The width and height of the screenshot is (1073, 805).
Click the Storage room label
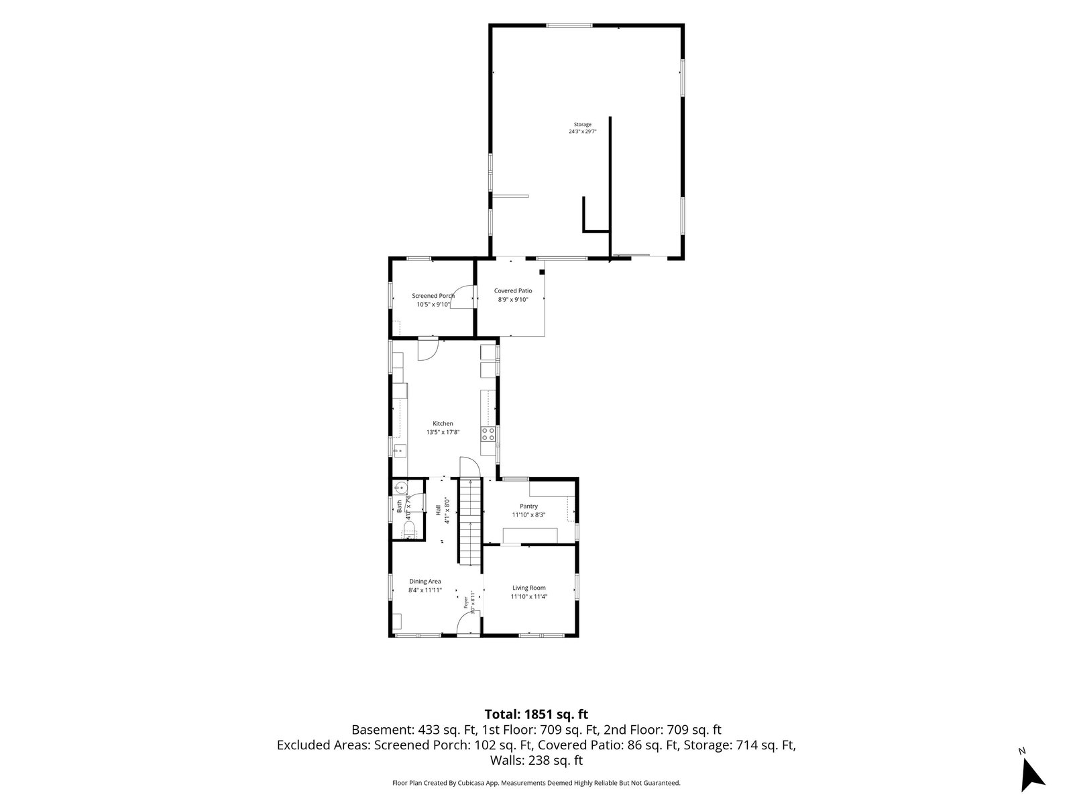pyautogui.click(x=582, y=125)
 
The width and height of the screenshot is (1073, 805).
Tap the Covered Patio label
pyautogui.click(x=513, y=291)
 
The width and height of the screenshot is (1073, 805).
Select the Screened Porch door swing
pyautogui.click(x=461, y=297)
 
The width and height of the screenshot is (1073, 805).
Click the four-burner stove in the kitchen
pyautogui.click(x=488, y=433)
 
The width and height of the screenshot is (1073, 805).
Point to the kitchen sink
pyautogui.click(x=400, y=450)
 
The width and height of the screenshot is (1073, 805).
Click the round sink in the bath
pyautogui.click(x=400, y=487)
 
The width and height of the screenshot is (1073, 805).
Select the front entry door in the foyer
pyautogui.click(x=468, y=624)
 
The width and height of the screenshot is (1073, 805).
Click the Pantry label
pyautogui.click(x=528, y=506)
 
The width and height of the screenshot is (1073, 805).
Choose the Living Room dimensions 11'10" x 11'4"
pyautogui.click(x=529, y=596)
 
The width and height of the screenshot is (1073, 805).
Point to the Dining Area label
pyautogui.click(x=425, y=581)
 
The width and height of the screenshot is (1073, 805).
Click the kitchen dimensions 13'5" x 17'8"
pyautogui.click(x=443, y=432)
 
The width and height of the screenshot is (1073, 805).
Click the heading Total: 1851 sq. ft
pyautogui.click(x=536, y=714)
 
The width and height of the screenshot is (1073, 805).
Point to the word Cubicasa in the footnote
pyautogui.click(x=470, y=783)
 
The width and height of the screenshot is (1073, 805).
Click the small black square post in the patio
pyautogui.click(x=542, y=272)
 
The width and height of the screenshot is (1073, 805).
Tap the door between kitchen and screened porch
pyautogui.click(x=429, y=349)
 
